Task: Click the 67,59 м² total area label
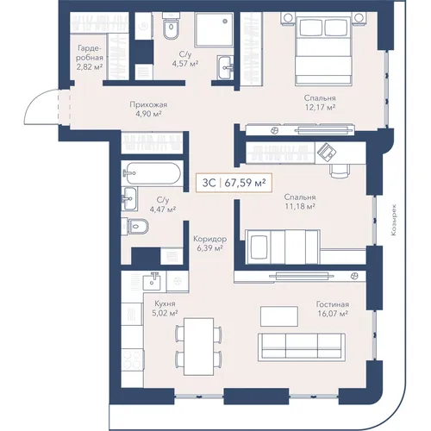tap(245, 183)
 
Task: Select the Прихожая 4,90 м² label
tap(148, 109)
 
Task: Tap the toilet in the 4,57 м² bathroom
tap(171, 25)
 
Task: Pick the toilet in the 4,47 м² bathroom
tap(134, 226)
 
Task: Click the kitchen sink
tap(154, 282)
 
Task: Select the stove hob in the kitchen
tap(132, 359)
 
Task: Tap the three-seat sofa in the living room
tap(302, 347)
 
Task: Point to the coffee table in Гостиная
tap(279, 316)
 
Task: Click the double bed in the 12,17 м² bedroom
tap(324, 51)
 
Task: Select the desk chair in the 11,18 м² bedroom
tap(340, 171)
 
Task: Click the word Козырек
tap(393, 220)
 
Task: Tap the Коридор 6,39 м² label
tap(210, 243)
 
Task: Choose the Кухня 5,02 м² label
tap(165, 308)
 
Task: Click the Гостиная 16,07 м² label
tap(333, 309)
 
